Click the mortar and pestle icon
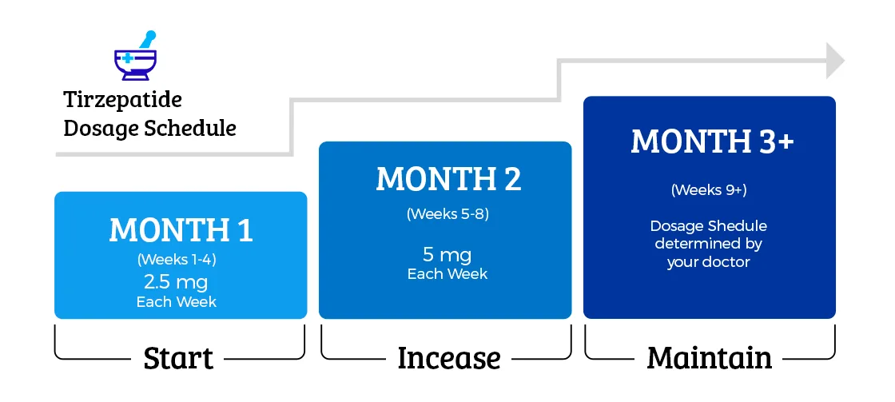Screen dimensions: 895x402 [136, 55]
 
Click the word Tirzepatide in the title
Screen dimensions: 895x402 [123, 99]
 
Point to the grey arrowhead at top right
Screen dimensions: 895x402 [835, 60]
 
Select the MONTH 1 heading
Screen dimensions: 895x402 [181, 231]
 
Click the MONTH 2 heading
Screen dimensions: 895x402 [448, 179]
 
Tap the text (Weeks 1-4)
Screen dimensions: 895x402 [177, 259]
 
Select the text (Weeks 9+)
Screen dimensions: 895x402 [709, 189]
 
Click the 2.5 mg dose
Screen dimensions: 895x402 [176, 281]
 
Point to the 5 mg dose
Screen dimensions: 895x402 [447, 254]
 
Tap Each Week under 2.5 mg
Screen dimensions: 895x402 [177, 301]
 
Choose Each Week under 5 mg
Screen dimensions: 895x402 [447, 273]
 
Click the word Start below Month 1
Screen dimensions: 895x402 [179, 358]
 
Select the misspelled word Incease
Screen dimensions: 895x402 [449, 358]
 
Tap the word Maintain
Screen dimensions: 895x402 [710, 358]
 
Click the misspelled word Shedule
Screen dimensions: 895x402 [738, 225]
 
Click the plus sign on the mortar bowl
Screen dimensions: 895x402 [128, 58]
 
